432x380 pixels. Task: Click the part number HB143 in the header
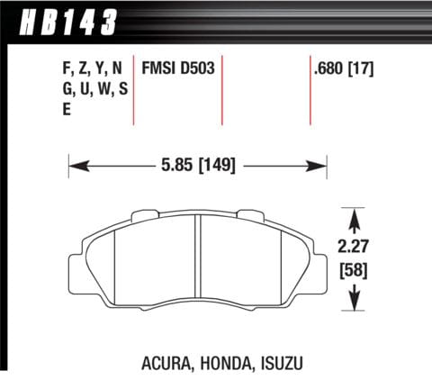pos(67,22)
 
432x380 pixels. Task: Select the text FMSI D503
pos(178,68)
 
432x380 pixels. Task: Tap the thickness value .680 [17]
pos(344,69)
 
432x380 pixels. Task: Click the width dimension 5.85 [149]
pos(198,165)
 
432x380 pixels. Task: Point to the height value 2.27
pos(353,247)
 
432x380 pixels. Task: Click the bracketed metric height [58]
pos(354,270)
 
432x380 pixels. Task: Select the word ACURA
pos(166,363)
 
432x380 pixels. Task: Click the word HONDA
pos(225,363)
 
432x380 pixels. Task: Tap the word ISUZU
pos(282,363)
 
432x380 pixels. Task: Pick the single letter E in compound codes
pos(67,109)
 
